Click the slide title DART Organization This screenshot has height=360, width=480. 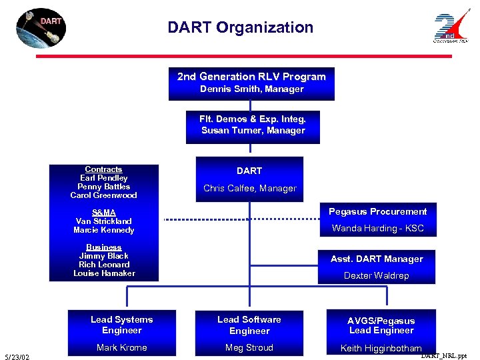240,28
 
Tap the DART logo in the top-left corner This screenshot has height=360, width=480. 41,29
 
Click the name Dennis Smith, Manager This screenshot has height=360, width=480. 251,89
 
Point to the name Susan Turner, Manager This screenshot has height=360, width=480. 253,131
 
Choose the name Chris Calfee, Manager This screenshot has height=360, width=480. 249,189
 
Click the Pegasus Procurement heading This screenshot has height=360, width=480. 377,212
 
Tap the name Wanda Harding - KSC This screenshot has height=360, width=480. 377,229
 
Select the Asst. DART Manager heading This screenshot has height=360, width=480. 377,259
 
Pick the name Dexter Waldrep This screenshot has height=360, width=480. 376,276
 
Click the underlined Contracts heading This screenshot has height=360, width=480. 103,169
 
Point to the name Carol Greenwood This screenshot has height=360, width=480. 103,195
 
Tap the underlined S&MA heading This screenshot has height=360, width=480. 103,213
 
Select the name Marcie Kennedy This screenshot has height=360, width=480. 103,230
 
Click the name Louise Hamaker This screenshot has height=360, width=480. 103,273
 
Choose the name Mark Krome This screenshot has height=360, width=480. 121,348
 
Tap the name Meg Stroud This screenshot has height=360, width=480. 249,348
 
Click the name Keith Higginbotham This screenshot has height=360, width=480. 381,348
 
